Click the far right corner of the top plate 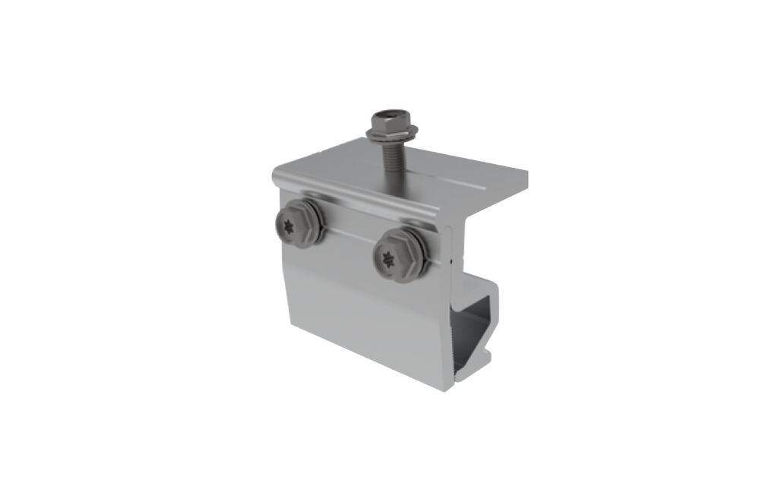[x=527, y=179]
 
